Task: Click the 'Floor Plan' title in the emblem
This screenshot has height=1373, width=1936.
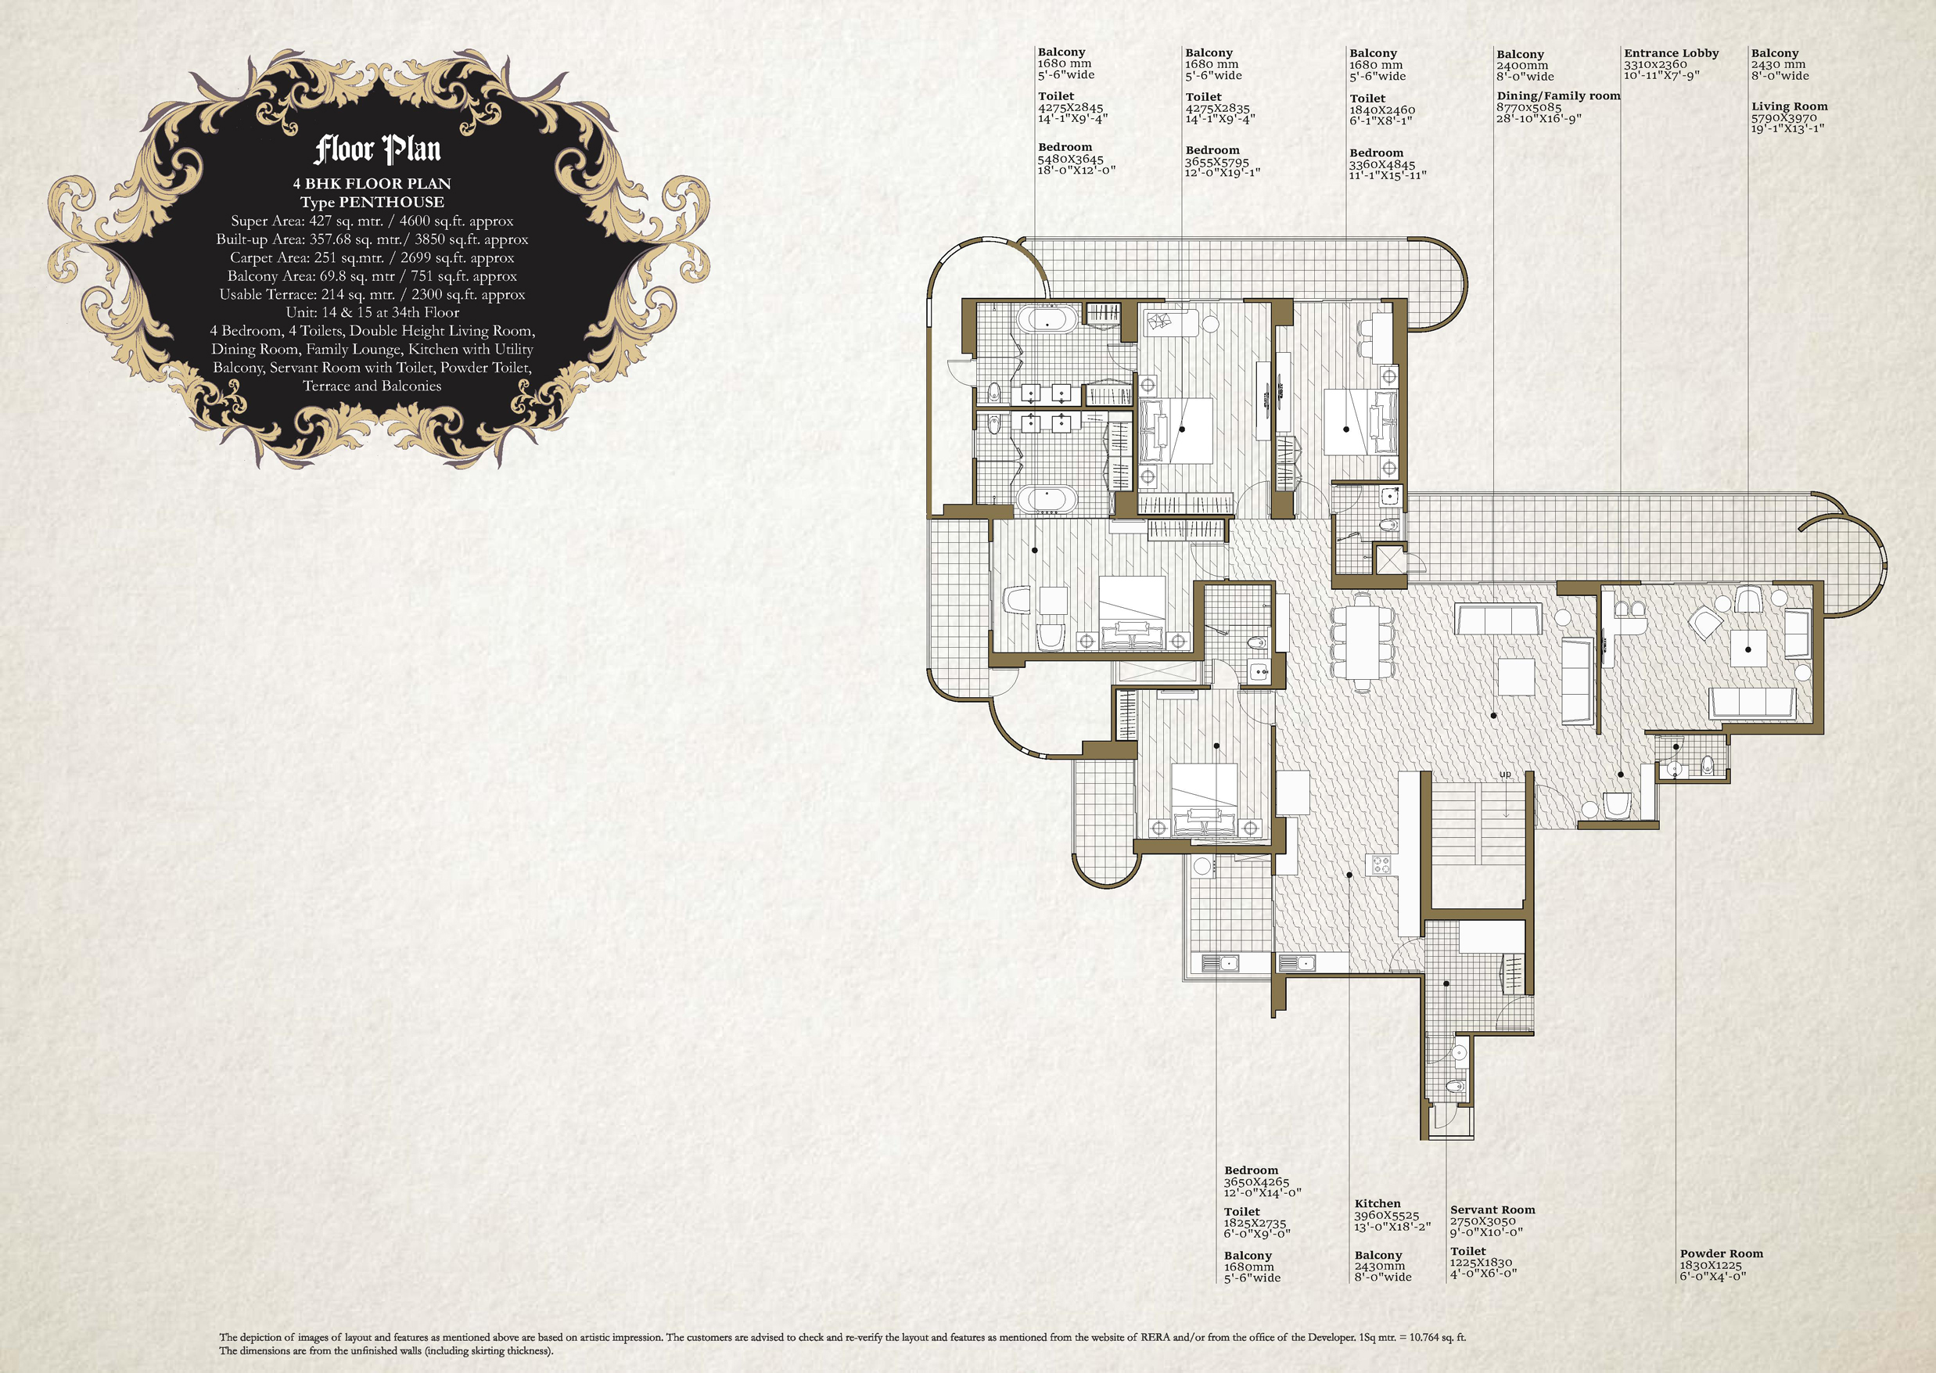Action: click(377, 149)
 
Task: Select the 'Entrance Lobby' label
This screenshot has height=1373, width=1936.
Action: click(1671, 53)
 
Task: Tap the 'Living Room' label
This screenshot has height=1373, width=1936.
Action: click(1789, 106)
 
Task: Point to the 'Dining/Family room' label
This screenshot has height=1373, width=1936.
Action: click(1558, 95)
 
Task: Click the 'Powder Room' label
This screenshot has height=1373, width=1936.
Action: click(1721, 1254)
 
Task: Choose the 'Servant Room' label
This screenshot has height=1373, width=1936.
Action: click(1492, 1209)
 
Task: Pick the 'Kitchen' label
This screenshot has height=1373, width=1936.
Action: click(1377, 1203)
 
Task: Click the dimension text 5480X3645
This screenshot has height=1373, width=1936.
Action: click(1070, 159)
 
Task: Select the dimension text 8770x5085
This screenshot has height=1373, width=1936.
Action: click(1528, 107)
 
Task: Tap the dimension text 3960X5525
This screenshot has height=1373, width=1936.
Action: click(1386, 1216)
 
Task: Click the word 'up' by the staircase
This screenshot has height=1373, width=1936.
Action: click(1505, 775)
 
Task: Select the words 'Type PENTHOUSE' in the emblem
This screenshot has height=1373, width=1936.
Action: click(372, 202)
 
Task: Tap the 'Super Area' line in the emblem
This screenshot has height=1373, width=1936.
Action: click(372, 221)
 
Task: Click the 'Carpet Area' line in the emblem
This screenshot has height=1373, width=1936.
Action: click(372, 258)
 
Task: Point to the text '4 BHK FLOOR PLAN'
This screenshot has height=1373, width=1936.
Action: click(372, 184)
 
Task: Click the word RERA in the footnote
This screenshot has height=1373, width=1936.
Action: click(1155, 1338)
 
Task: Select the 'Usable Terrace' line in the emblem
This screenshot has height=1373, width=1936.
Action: click(372, 294)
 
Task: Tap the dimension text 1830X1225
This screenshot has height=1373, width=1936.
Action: click(1712, 1266)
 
